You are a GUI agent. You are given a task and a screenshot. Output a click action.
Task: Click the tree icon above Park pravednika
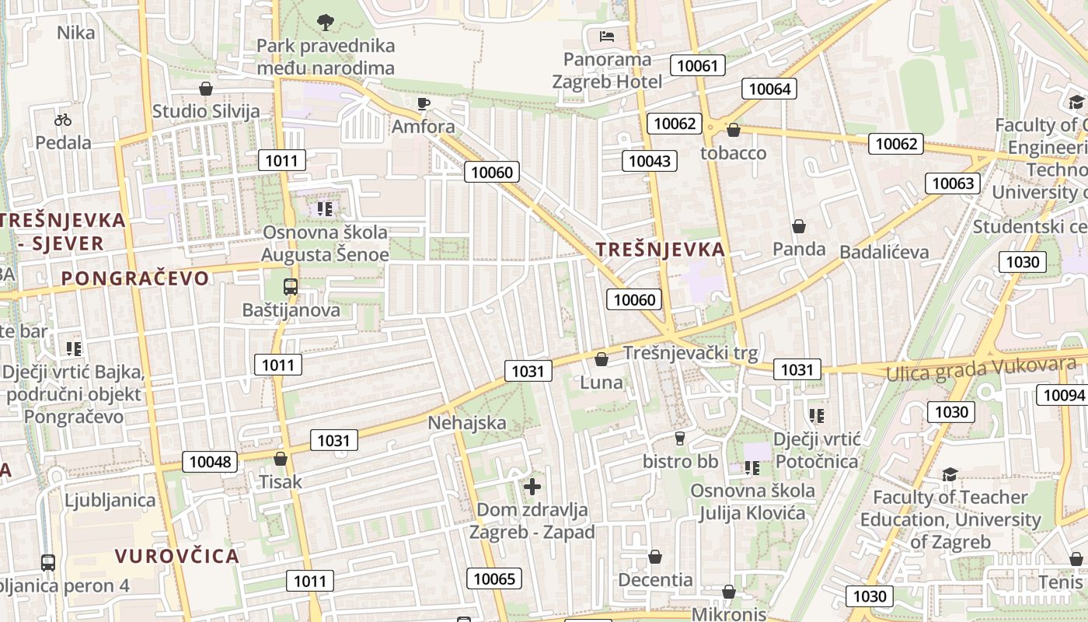pyautogui.click(x=326, y=22)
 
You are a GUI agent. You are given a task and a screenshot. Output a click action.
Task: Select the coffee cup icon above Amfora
pyautogui.click(x=424, y=103)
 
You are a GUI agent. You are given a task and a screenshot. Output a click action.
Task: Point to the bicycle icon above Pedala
pyautogui.click(x=63, y=120)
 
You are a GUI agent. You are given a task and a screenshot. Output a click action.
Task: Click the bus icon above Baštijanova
pyautogui.click(x=291, y=287)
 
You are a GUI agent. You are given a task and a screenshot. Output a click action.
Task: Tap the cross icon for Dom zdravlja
pyautogui.click(x=532, y=487)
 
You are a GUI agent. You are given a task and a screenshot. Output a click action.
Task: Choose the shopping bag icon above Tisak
pyautogui.click(x=281, y=459)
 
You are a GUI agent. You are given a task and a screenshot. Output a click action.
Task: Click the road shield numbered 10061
pyautogui.click(x=697, y=65)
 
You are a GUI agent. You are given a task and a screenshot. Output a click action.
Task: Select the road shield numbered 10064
pyautogui.click(x=769, y=89)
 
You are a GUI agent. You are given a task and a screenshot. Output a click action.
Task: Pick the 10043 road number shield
pyautogui.click(x=649, y=161)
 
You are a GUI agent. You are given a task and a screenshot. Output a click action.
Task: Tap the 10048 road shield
pyautogui.click(x=210, y=462)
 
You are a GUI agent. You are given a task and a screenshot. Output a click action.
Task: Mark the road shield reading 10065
pyautogui.click(x=494, y=578)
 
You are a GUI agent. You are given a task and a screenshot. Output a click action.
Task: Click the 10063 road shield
pyautogui.click(x=952, y=183)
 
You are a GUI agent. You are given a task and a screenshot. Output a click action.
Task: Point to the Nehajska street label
pyautogui.click(x=467, y=423)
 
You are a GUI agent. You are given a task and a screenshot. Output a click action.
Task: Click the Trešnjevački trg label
pyautogui.click(x=690, y=354)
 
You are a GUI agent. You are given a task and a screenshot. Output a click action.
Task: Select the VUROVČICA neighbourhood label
pyautogui.click(x=177, y=556)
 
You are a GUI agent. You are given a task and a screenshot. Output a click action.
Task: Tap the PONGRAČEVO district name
pyautogui.click(x=135, y=278)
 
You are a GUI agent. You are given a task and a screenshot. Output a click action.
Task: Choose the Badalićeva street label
pyautogui.click(x=884, y=252)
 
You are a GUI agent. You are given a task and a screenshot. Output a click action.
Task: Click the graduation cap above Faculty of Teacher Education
pyautogui.click(x=950, y=474)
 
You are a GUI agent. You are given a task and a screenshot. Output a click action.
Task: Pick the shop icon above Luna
pyautogui.click(x=602, y=359)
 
